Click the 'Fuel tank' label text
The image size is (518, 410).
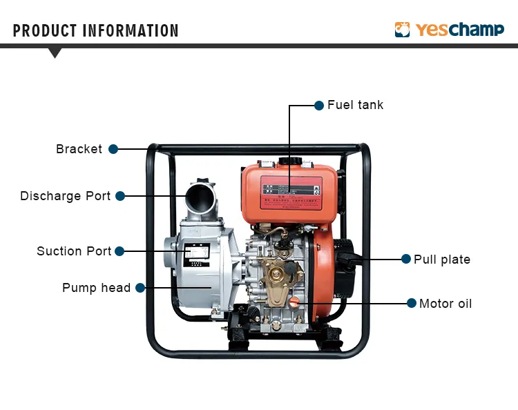coord(355,105)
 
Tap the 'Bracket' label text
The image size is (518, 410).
coord(79,149)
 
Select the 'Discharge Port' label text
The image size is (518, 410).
coord(65,196)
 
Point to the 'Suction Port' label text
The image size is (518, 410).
coord(74,251)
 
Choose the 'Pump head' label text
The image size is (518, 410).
coord(96,288)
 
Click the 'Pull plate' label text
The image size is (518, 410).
coord(442,260)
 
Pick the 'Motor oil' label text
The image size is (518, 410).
coord(445,304)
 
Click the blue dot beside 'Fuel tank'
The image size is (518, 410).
coord(319,106)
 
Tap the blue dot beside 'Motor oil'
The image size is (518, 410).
coord(412,304)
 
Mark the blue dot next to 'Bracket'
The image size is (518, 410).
coord(113,149)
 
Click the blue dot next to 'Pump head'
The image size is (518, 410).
coord(140,288)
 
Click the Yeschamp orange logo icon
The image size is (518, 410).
coord(403,30)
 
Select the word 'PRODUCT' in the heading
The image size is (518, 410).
coord(45,31)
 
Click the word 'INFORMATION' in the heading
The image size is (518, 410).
coord(131,31)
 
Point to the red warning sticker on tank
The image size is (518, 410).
coord(291,193)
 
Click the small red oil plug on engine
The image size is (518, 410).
coord(293,302)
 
